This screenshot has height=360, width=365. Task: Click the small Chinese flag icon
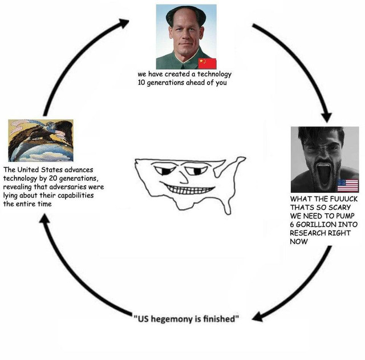point(207,63)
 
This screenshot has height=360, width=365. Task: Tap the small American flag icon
point(348,185)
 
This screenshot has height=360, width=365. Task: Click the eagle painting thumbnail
point(40,140)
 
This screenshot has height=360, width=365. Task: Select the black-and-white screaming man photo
point(325,160)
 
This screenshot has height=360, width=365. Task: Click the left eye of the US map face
point(165,169)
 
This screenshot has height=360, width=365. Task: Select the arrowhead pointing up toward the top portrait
point(123,23)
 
